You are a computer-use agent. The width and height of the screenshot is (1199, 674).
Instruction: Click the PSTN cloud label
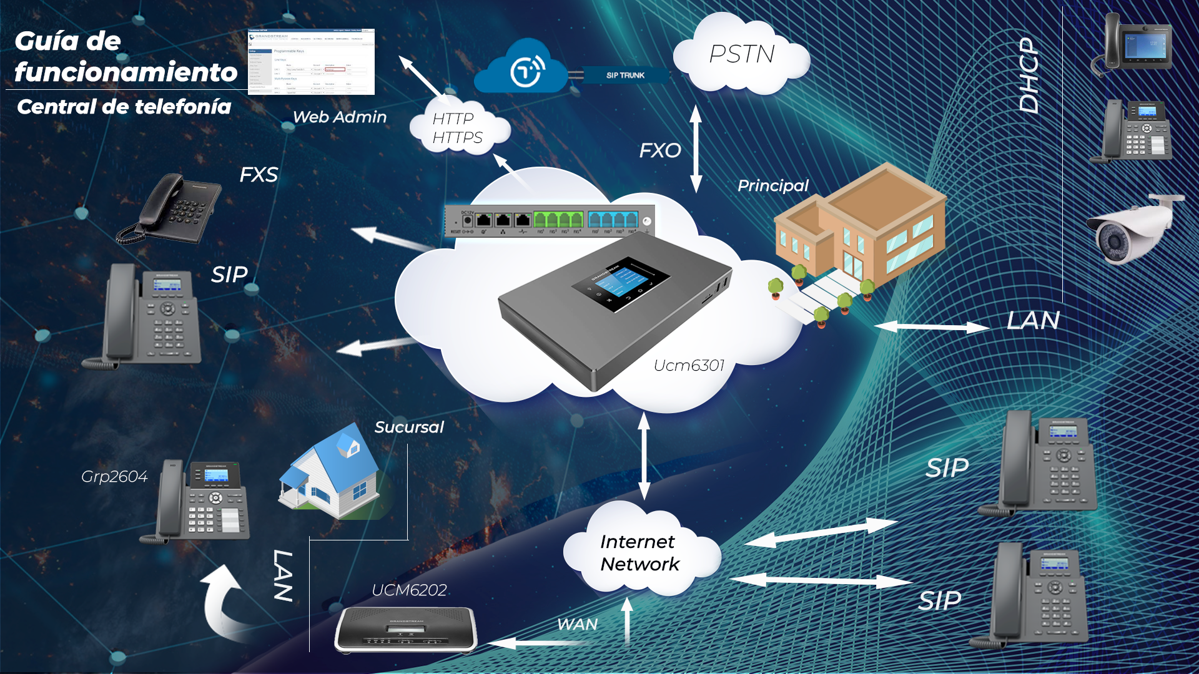click(x=742, y=55)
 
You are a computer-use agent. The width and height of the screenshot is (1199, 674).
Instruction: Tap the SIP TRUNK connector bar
click(x=624, y=76)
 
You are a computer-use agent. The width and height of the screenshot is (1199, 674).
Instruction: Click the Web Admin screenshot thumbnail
click(x=311, y=62)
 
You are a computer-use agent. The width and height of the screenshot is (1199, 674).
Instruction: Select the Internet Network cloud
click(x=639, y=553)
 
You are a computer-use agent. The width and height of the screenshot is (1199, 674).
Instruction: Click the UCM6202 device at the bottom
click(x=406, y=630)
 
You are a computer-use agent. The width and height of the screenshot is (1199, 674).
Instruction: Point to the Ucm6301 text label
click(x=689, y=366)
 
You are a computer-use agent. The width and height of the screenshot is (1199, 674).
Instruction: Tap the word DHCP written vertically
click(x=1029, y=75)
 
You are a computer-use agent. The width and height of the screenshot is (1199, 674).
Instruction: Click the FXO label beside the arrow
click(x=659, y=150)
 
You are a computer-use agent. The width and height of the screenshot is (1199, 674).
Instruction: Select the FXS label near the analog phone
click(x=259, y=175)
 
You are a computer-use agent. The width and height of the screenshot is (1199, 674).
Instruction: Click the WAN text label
click(x=577, y=624)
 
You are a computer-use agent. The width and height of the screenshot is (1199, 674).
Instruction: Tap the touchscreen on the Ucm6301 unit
click(x=620, y=283)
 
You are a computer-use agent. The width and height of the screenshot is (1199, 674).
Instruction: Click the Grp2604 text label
click(x=114, y=477)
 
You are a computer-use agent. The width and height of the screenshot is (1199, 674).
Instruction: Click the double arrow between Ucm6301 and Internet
click(x=644, y=456)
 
